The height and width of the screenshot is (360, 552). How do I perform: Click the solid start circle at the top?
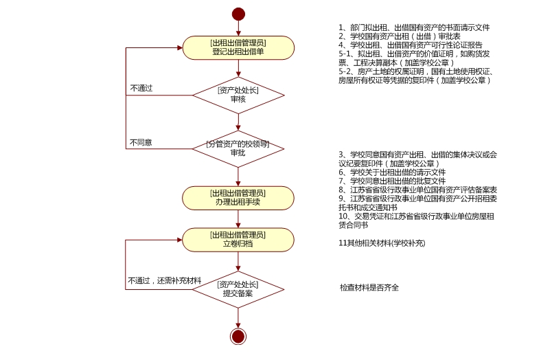[238, 14]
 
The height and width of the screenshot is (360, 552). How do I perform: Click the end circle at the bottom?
[238, 336]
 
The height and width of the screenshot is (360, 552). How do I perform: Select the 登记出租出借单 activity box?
[238, 47]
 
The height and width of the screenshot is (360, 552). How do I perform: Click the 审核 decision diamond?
[238, 95]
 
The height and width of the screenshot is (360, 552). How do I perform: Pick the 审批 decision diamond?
[238, 148]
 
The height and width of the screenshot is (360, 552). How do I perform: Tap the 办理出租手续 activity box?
[238, 197]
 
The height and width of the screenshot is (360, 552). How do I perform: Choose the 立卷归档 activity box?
[238, 239]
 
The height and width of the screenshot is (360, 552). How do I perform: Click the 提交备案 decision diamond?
[238, 289]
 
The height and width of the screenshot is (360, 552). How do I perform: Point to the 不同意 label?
[141, 143]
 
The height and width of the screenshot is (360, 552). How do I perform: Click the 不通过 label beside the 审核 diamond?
[141, 89]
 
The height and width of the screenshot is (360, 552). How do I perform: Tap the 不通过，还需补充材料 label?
[164, 281]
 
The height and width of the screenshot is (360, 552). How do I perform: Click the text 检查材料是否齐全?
[369, 287]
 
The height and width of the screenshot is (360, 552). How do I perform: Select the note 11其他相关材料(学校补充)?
[382, 243]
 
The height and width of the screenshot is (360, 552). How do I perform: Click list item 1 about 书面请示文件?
[414, 27]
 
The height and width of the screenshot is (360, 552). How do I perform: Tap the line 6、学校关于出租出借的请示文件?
[392, 172]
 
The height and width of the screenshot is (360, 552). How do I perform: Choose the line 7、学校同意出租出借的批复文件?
[392, 181]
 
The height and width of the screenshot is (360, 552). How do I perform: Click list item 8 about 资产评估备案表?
[417, 190]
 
